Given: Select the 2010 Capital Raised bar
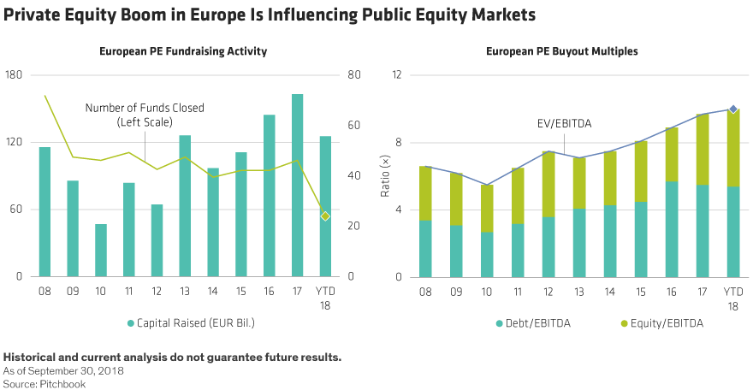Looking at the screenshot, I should click(101, 251).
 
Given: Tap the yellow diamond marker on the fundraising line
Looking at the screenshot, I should click(325, 216).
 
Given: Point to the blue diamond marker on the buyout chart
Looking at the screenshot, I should click(733, 109).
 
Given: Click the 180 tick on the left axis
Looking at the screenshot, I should click(15, 75).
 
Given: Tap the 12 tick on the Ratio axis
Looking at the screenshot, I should click(396, 75).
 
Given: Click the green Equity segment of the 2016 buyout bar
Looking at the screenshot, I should click(672, 154).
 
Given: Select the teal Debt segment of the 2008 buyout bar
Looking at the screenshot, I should click(425, 249).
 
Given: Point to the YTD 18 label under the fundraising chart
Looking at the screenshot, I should click(325, 298).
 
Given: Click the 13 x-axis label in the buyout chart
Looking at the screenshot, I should click(579, 292).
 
